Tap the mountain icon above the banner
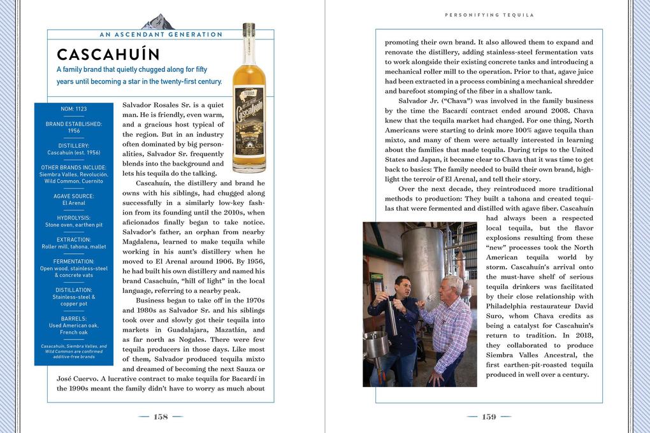tap(157, 23)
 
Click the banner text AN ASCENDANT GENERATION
tap(161, 34)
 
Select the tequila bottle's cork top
tap(249, 29)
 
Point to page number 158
tap(161, 416)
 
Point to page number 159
tap(489, 416)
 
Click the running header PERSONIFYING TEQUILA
tap(489, 15)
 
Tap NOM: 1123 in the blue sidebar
tap(73, 109)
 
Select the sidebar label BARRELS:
tap(73, 318)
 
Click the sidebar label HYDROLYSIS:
tap(73, 218)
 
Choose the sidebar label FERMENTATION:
tap(73, 261)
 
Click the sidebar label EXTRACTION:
tap(73, 239)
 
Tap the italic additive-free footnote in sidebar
tap(73, 351)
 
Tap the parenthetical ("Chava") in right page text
tap(450, 101)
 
